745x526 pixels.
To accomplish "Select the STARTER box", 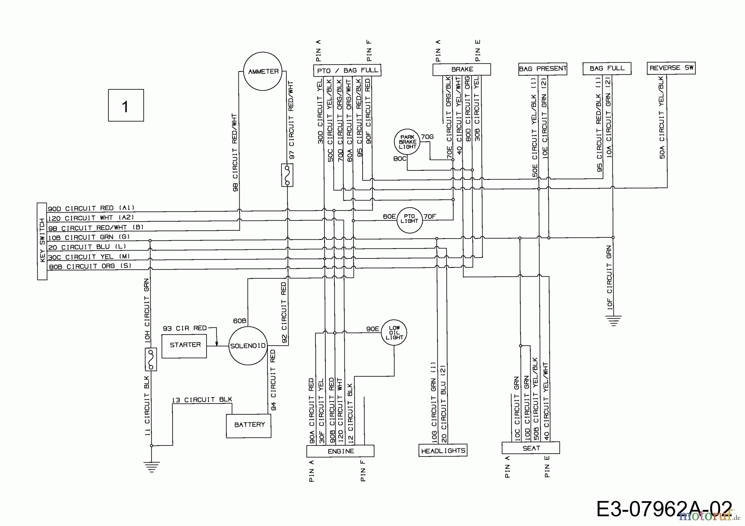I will [x=184, y=345].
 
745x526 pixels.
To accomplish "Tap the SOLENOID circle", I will [x=248, y=346].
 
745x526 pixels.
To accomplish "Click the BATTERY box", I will [x=249, y=425].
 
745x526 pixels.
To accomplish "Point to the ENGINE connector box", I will [x=340, y=451].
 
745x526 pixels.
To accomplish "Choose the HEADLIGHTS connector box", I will [x=443, y=451].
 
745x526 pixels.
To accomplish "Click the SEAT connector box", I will [x=531, y=448].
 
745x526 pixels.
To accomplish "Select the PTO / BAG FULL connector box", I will [x=347, y=71].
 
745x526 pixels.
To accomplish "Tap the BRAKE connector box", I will [x=461, y=69].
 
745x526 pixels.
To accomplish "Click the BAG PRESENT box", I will [x=543, y=69].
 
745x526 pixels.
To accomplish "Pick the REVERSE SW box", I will [x=671, y=68].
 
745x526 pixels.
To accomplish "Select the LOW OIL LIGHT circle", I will [x=394, y=332].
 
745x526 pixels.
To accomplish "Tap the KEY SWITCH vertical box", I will [x=42, y=241].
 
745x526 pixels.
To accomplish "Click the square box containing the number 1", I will [x=126, y=105].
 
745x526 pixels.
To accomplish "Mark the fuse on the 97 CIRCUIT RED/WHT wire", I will [x=287, y=175].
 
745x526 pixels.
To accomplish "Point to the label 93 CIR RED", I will [x=185, y=328].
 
